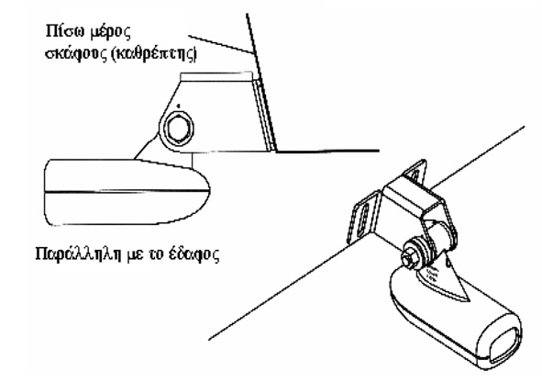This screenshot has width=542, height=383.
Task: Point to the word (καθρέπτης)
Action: (x=154, y=55)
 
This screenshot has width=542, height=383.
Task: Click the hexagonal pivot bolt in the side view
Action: (x=179, y=130)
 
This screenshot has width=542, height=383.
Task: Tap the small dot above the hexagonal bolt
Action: (x=178, y=106)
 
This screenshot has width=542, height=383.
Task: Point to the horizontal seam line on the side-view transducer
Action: (x=127, y=190)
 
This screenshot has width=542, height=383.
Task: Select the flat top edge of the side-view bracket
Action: (x=216, y=73)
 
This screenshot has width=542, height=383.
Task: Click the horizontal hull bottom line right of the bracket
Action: (x=327, y=151)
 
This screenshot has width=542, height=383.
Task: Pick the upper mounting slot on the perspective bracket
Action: (x=415, y=175)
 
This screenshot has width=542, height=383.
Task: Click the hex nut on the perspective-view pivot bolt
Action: (x=409, y=259)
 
